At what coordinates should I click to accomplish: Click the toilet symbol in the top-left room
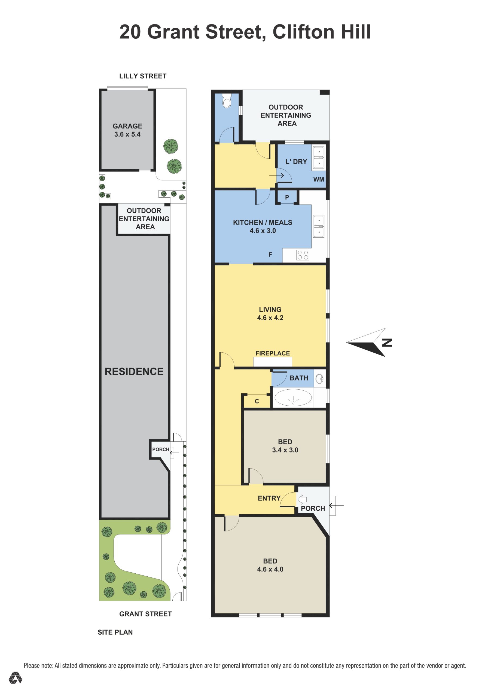[x=227, y=100]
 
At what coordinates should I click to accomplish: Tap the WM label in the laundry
[x=319, y=179]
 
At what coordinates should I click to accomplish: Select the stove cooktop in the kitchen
[x=303, y=255]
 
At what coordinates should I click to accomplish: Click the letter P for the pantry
[x=287, y=197]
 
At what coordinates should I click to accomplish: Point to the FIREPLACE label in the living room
[x=272, y=353]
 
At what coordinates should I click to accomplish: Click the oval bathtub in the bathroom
[x=293, y=398]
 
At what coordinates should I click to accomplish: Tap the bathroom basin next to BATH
[x=319, y=378]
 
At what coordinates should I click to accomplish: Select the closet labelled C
[x=257, y=401]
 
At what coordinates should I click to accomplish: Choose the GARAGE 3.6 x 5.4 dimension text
[x=127, y=134]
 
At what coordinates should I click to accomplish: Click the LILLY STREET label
[x=143, y=76]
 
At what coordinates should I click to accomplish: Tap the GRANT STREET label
[x=145, y=614]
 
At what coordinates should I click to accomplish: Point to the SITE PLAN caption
[x=115, y=632]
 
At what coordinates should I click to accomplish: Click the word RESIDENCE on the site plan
[x=134, y=371]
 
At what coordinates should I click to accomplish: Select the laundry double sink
[x=319, y=158]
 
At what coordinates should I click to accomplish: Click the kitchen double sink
[x=319, y=227]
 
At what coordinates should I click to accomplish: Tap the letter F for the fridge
[x=270, y=255]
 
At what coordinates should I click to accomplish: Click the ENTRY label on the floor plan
[x=269, y=498]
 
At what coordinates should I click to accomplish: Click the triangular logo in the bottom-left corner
[x=15, y=678]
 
